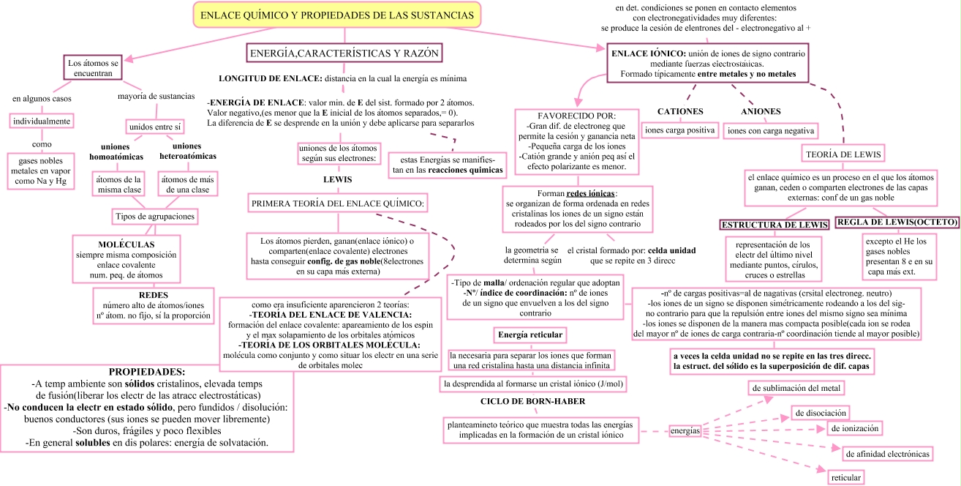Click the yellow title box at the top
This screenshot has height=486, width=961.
pos(337,15)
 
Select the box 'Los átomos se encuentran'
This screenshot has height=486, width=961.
pos(90,68)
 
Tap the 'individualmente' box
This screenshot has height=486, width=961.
pos(41,121)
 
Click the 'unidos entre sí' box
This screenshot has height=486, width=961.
pos(155,127)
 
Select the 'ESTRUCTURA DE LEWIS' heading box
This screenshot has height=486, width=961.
pos(775,224)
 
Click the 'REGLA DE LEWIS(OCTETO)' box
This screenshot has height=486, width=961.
pos(897,222)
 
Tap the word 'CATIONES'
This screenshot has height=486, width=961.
pos(680,111)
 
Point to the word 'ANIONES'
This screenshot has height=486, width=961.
pos(761,111)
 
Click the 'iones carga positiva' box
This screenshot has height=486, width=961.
pos(679,130)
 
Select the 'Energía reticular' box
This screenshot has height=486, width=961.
pos(530,335)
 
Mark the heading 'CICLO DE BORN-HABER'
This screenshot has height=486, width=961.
pos(532,401)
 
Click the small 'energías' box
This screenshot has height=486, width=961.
pos(685,430)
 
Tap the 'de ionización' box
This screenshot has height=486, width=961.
pos(853,427)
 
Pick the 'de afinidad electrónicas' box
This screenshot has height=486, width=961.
pos(888,454)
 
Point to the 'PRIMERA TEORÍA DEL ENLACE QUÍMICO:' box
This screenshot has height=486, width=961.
pos(337,203)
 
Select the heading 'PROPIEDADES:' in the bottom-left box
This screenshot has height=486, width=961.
pos(147,372)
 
